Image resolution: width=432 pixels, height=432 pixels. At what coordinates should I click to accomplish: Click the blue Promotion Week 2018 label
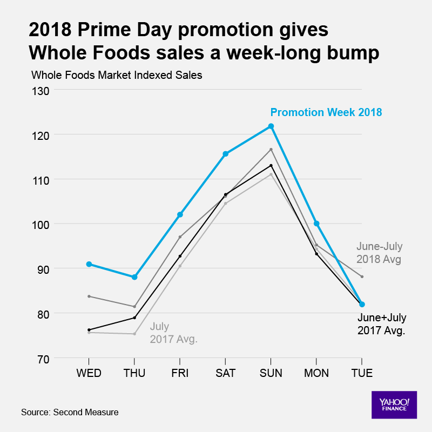coord(326,112)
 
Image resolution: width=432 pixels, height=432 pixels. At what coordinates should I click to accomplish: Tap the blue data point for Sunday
coord(271,126)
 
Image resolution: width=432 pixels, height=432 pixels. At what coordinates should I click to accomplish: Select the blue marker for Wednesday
coord(89,264)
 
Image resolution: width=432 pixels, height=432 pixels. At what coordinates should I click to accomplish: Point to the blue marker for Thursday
coord(134,277)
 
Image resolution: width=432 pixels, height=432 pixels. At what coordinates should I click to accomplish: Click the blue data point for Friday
coord(180,214)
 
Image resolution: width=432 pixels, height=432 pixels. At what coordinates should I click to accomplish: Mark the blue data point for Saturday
coord(226,154)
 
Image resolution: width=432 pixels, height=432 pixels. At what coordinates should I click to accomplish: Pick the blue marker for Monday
coord(316,224)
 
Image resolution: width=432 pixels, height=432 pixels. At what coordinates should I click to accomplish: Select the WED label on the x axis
coord(89,373)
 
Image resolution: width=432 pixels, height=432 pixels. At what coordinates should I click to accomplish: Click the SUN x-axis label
coord(271,373)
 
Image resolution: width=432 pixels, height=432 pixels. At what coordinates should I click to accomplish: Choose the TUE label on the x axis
coord(362,373)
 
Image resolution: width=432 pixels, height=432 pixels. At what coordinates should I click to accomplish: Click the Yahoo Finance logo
coord(394,404)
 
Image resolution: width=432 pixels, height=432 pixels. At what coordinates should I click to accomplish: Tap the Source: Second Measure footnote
coord(70,413)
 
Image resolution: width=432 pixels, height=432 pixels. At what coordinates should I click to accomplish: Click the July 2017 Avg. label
coord(173,333)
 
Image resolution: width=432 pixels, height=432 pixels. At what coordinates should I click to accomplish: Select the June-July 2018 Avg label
coord(379,253)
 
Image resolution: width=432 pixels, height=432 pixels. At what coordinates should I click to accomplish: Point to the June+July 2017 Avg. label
coord(382,323)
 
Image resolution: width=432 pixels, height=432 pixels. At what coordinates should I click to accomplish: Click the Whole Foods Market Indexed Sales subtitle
coord(117,75)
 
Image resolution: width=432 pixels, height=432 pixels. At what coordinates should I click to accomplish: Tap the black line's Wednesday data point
coord(89,329)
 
